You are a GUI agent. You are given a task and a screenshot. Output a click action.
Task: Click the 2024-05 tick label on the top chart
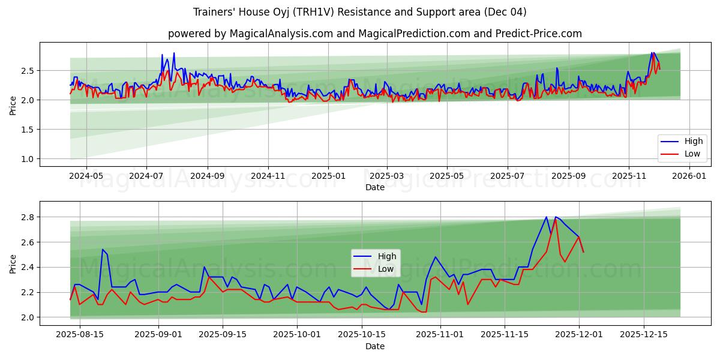coord(86,176)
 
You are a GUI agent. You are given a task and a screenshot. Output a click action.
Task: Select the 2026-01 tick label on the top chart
coord(689,176)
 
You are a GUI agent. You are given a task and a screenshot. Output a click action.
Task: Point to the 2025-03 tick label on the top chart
coord(387,176)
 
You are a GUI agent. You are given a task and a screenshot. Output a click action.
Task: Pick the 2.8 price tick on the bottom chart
coord(28,217)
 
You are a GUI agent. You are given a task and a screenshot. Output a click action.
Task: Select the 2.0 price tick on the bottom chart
coord(28,317)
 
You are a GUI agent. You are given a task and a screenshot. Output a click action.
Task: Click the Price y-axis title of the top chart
coord(13,104)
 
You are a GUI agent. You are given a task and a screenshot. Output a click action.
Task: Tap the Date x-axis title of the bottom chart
coord(375,346)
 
